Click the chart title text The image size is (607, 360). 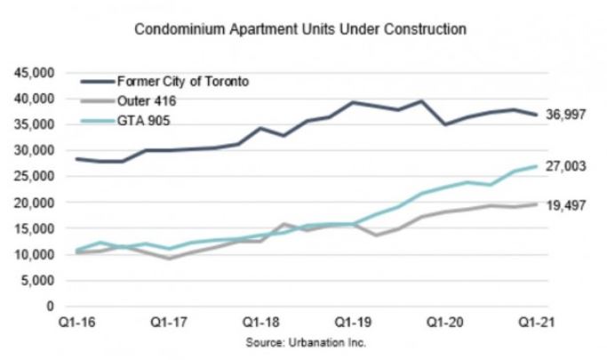click(300, 29)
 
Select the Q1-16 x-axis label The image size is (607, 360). click(76, 323)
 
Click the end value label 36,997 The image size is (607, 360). click(566, 116)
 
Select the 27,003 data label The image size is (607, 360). click(566, 166)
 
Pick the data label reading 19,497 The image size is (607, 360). click(566, 205)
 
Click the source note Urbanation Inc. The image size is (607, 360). click(304, 341)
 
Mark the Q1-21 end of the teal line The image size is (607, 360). click(535, 166)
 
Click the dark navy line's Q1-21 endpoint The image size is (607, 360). click(535, 115)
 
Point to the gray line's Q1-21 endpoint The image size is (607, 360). click(535, 204)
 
